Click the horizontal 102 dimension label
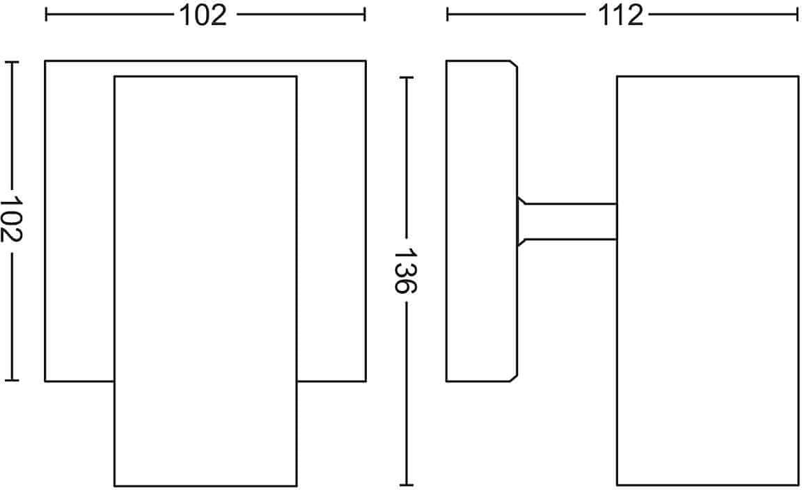point(203,15)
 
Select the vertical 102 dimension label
point(11,219)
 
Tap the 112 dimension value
point(620,15)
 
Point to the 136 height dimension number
point(406,271)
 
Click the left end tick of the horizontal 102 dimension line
point(46,15)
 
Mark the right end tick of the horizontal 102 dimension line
point(365,15)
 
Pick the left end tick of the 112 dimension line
point(448,15)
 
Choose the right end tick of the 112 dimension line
point(797,15)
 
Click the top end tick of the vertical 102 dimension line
point(12,62)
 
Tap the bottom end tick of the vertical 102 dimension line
point(12,381)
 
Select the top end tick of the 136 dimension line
point(406,78)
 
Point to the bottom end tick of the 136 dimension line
point(406,484)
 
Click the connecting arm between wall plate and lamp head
point(567,221)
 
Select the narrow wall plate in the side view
point(481,221)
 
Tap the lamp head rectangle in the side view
point(707,280)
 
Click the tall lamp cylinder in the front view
point(205,280)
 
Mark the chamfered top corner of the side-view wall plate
point(513,64)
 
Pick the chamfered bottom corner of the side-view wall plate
point(513,378)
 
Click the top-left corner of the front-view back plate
point(45,61)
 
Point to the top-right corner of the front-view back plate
point(365,61)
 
